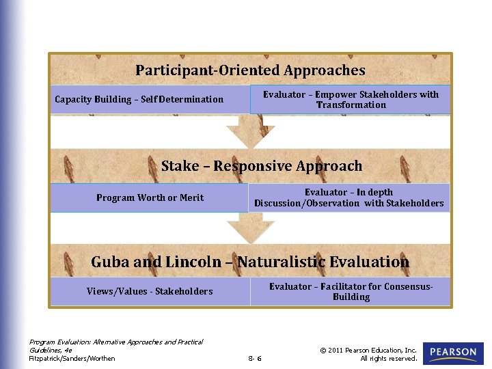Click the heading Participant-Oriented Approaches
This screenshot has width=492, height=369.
tap(250, 70)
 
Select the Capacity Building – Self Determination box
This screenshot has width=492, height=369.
tap(139, 100)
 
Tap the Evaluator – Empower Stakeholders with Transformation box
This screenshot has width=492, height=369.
tap(351, 100)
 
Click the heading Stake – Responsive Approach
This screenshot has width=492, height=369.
tap(262, 166)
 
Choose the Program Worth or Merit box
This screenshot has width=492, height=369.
tap(150, 197)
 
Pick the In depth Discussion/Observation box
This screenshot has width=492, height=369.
tap(348, 197)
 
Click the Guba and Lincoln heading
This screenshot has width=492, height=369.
tap(250, 262)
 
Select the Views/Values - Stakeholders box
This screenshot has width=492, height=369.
tap(150, 292)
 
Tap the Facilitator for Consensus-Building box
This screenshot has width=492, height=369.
tap(351, 292)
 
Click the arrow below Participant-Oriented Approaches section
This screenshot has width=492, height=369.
tap(243, 130)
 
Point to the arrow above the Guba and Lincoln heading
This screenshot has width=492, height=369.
tap(241, 228)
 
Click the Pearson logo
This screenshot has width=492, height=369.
tap(453, 353)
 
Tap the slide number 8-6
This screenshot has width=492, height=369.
tap(255, 358)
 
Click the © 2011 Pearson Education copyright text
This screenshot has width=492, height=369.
tap(368, 350)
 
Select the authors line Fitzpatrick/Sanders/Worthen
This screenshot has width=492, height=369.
tap(72, 358)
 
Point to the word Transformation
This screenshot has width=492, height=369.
tap(351, 105)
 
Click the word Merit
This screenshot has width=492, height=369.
tap(191, 197)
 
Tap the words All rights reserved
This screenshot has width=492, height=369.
tap(388, 358)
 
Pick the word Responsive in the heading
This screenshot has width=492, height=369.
tap(255, 166)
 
